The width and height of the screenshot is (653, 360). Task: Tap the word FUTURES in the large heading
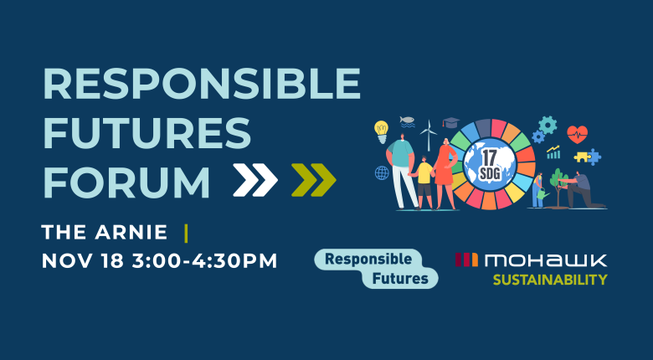point(147,134)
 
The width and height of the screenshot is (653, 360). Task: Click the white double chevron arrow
point(255,179)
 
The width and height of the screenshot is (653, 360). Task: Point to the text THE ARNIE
point(105,231)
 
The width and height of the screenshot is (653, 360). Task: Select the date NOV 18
point(80,260)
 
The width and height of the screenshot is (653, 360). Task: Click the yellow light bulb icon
point(382,130)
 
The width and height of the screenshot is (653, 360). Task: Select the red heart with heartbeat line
point(577,134)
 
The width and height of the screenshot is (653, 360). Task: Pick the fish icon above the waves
point(407,121)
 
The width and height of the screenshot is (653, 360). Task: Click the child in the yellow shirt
point(425,180)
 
